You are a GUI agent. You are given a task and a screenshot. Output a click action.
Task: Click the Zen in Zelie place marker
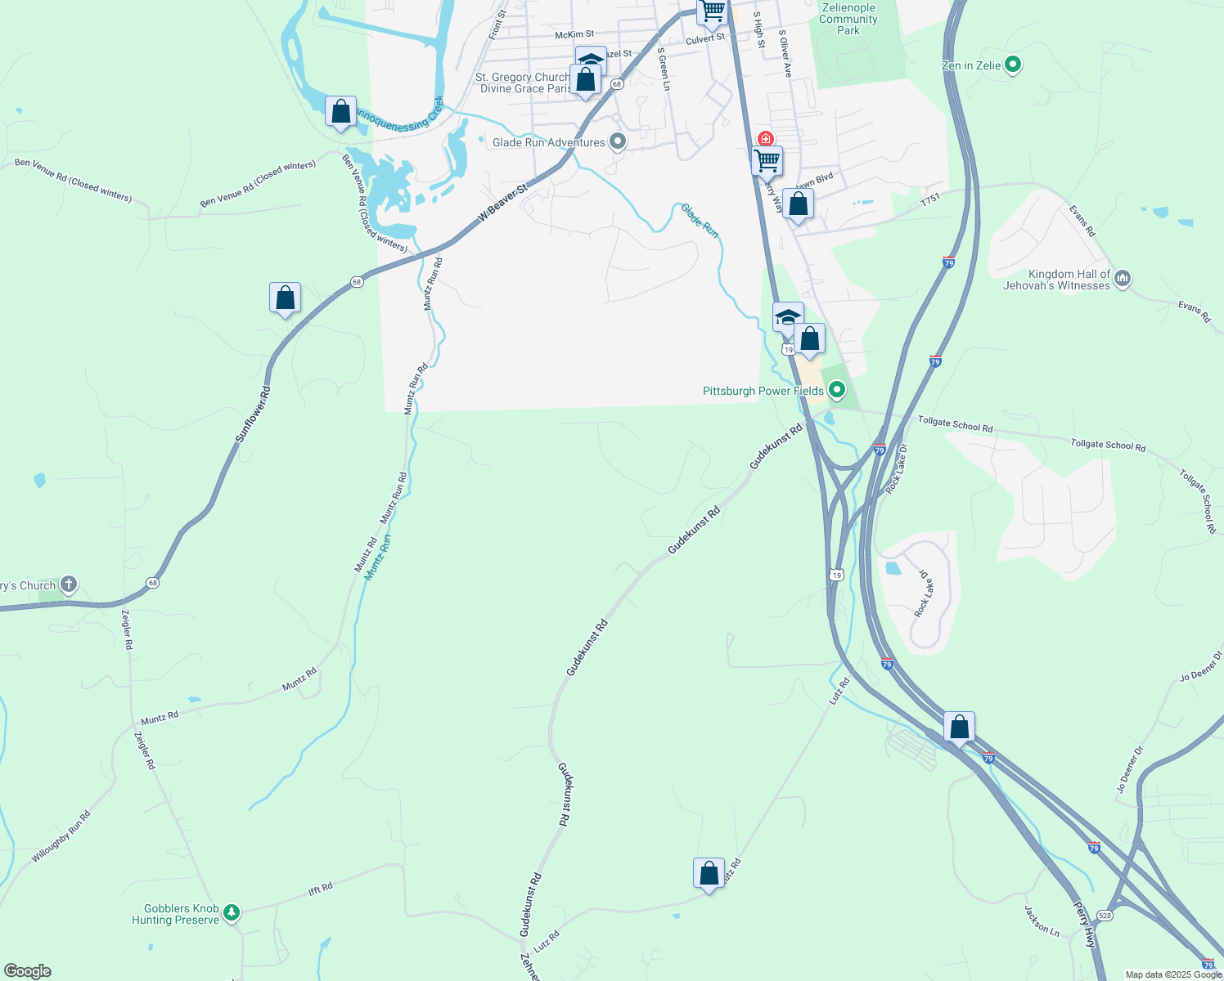click(1013, 65)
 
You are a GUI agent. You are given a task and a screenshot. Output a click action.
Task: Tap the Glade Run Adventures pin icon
click(618, 142)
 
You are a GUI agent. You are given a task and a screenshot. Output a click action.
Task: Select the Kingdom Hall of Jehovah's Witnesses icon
click(1123, 280)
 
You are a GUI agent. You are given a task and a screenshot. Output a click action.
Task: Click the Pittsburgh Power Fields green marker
click(836, 390)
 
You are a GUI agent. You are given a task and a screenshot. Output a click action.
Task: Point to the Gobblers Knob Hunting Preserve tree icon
click(232, 912)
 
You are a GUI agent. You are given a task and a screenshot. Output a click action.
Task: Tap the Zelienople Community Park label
click(848, 19)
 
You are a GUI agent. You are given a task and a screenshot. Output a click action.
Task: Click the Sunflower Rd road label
click(253, 414)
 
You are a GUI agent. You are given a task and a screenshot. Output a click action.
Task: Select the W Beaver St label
click(503, 202)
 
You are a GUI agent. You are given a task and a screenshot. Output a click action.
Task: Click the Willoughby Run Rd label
click(61, 836)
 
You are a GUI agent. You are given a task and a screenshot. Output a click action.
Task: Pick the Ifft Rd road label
click(320, 888)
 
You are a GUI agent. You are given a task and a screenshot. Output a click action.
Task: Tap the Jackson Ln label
click(1042, 920)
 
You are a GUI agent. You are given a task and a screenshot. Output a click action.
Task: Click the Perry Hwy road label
click(1084, 925)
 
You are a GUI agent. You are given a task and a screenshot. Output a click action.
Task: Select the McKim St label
click(574, 35)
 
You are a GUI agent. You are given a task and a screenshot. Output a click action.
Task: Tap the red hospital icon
click(765, 139)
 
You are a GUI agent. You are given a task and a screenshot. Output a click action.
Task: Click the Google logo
click(28, 971)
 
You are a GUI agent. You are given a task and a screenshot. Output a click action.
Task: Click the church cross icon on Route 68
click(69, 584)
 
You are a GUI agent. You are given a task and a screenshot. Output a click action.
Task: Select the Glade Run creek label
click(700, 221)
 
